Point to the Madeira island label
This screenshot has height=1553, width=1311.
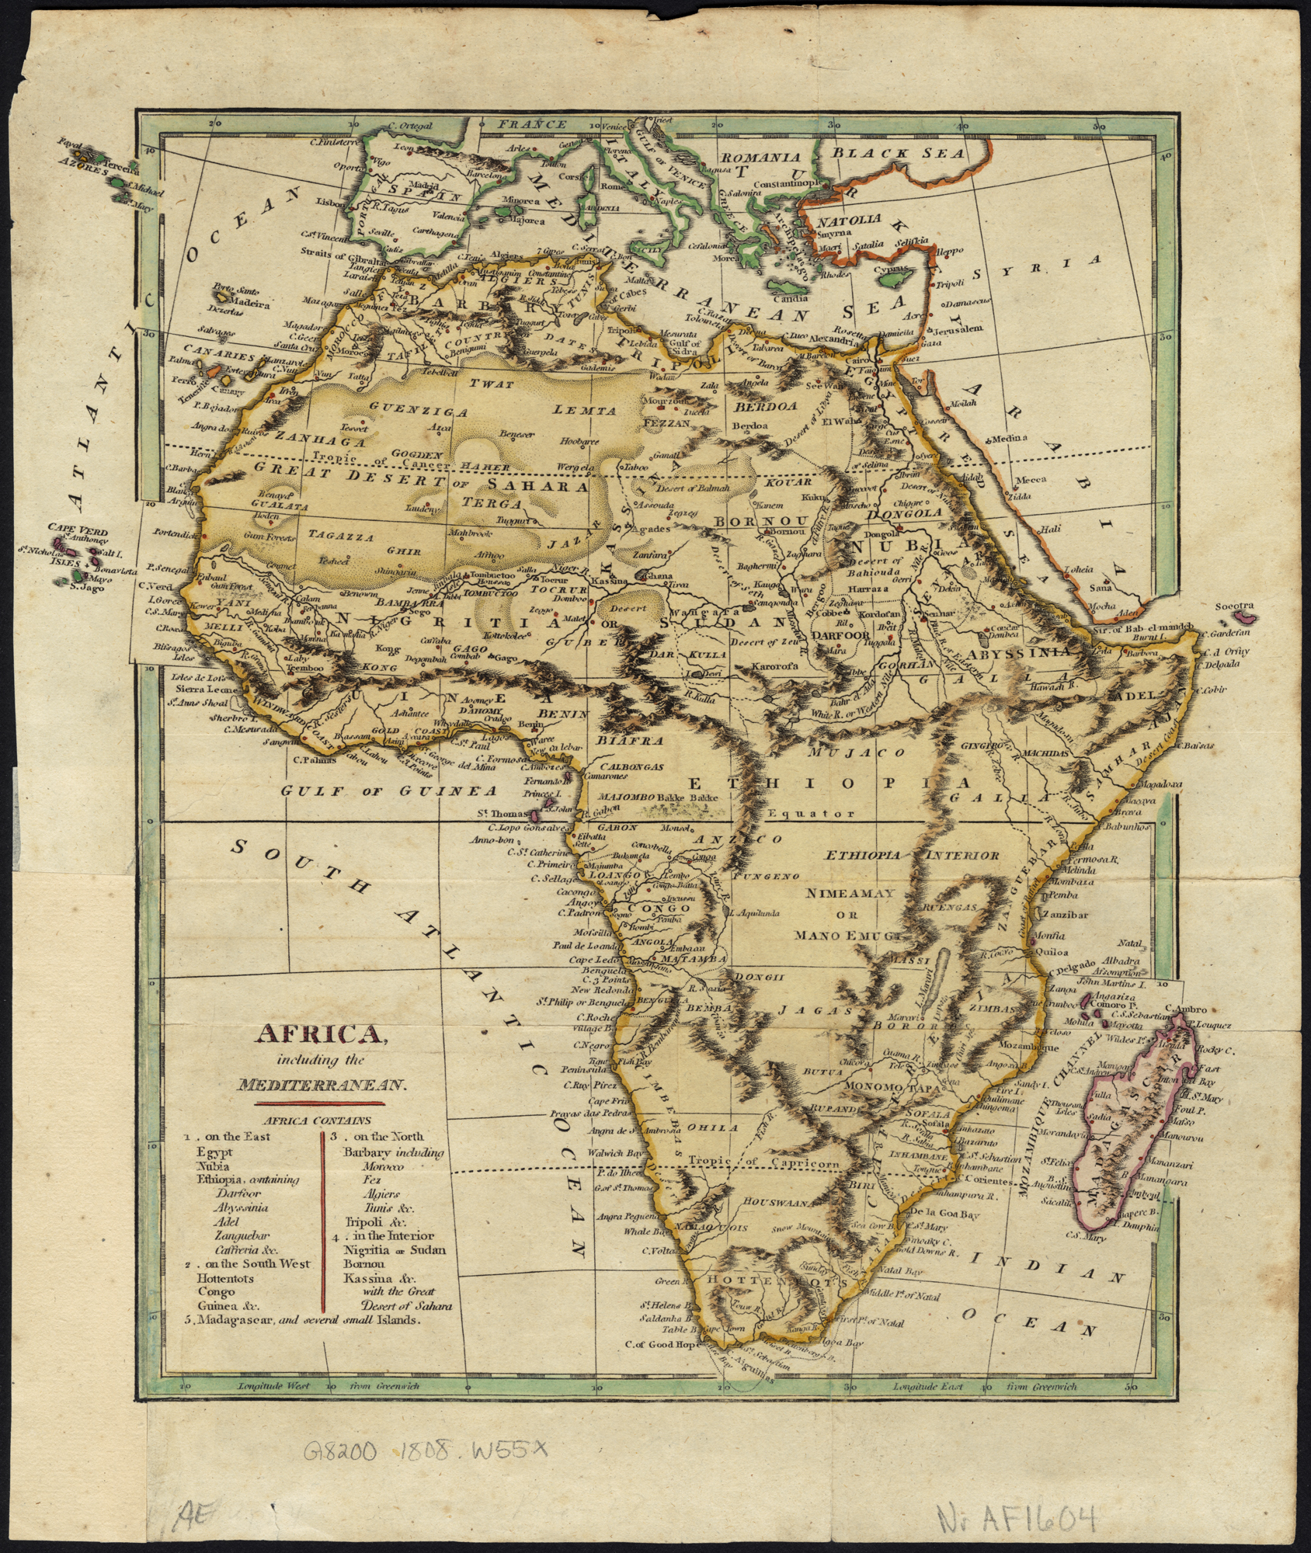pos(247,304)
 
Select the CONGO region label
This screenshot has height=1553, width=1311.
pos(659,908)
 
